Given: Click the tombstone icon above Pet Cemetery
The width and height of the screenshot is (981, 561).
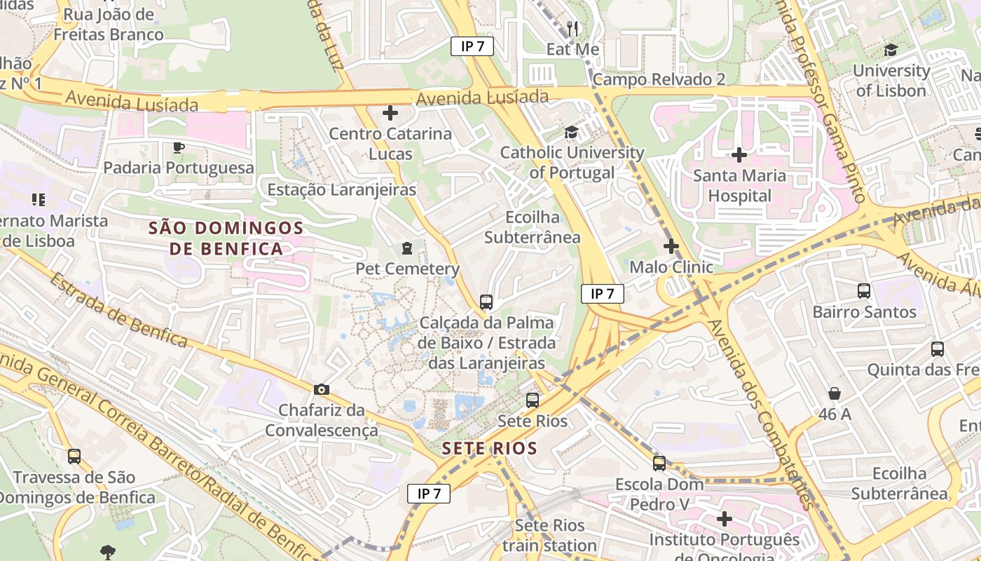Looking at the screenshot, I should (406, 248).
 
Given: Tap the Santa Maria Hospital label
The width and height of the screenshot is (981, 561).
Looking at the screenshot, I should (739, 185).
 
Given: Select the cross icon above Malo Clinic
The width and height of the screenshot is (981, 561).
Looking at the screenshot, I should (671, 246).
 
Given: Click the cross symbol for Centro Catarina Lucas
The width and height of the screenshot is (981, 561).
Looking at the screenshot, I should (390, 112).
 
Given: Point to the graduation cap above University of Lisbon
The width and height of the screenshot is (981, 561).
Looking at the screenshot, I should (891, 50).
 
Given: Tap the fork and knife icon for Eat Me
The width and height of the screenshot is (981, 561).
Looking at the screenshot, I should (572, 29).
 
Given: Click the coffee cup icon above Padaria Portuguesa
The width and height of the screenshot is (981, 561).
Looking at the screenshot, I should (178, 147).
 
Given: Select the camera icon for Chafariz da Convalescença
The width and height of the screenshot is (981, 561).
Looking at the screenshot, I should (322, 389).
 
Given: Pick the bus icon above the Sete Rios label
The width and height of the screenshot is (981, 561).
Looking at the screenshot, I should (533, 400).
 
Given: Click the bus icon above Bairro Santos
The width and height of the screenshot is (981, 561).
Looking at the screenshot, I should (864, 290).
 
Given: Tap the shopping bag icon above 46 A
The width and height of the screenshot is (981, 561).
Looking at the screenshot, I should (834, 393).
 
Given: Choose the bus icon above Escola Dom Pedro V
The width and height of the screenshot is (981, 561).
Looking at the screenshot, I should (659, 463).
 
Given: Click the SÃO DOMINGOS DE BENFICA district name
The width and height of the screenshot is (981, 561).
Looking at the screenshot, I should (226, 238).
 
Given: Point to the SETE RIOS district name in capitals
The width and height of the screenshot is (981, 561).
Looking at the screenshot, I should (490, 449).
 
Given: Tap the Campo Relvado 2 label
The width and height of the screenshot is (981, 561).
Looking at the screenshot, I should (659, 79).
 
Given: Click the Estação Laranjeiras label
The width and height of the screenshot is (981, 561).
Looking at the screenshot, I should (342, 189).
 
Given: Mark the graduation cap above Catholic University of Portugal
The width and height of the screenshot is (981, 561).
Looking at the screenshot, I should (572, 133).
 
